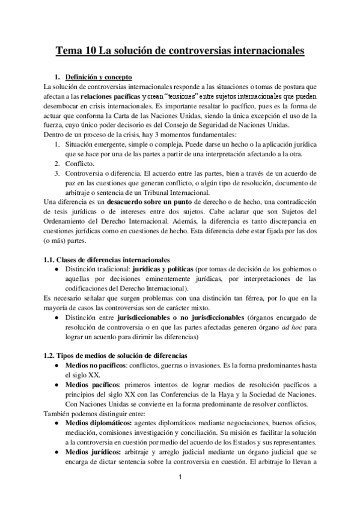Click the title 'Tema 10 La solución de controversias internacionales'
180,52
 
